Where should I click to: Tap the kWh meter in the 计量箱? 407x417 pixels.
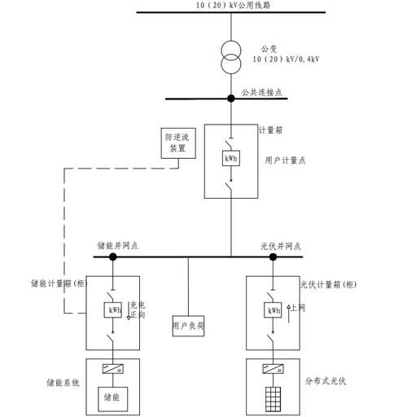[231, 159]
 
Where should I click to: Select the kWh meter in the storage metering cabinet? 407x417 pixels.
[112, 310]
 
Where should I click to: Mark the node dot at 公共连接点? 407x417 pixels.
[231, 99]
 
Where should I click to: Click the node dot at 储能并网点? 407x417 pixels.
[113, 257]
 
